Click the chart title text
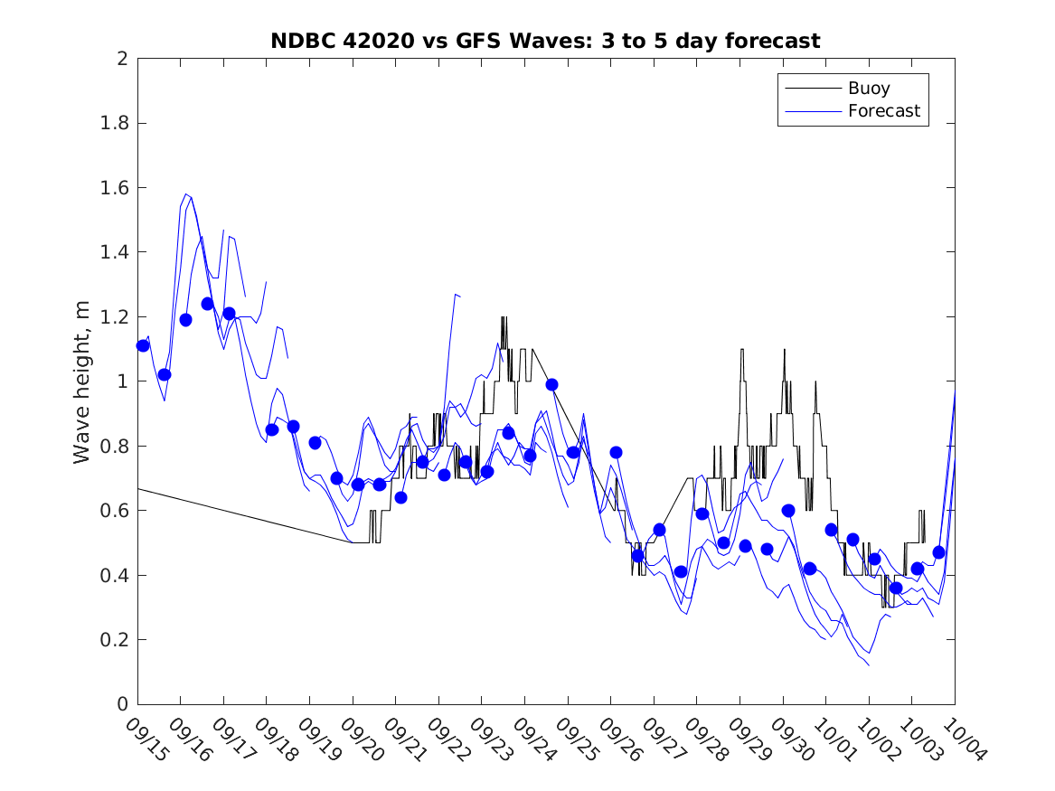(x=545, y=41)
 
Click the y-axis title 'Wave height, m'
(x=82, y=382)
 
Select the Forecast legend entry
(x=883, y=111)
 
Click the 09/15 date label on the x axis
(x=145, y=740)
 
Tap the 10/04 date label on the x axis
(x=962, y=740)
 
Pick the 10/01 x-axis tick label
(x=833, y=740)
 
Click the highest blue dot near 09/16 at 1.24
(x=207, y=304)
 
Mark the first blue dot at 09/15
(x=143, y=345)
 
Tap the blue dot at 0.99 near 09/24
(x=551, y=384)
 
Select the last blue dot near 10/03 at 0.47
(x=938, y=552)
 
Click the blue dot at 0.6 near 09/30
(x=788, y=510)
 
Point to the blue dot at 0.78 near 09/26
(x=616, y=452)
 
